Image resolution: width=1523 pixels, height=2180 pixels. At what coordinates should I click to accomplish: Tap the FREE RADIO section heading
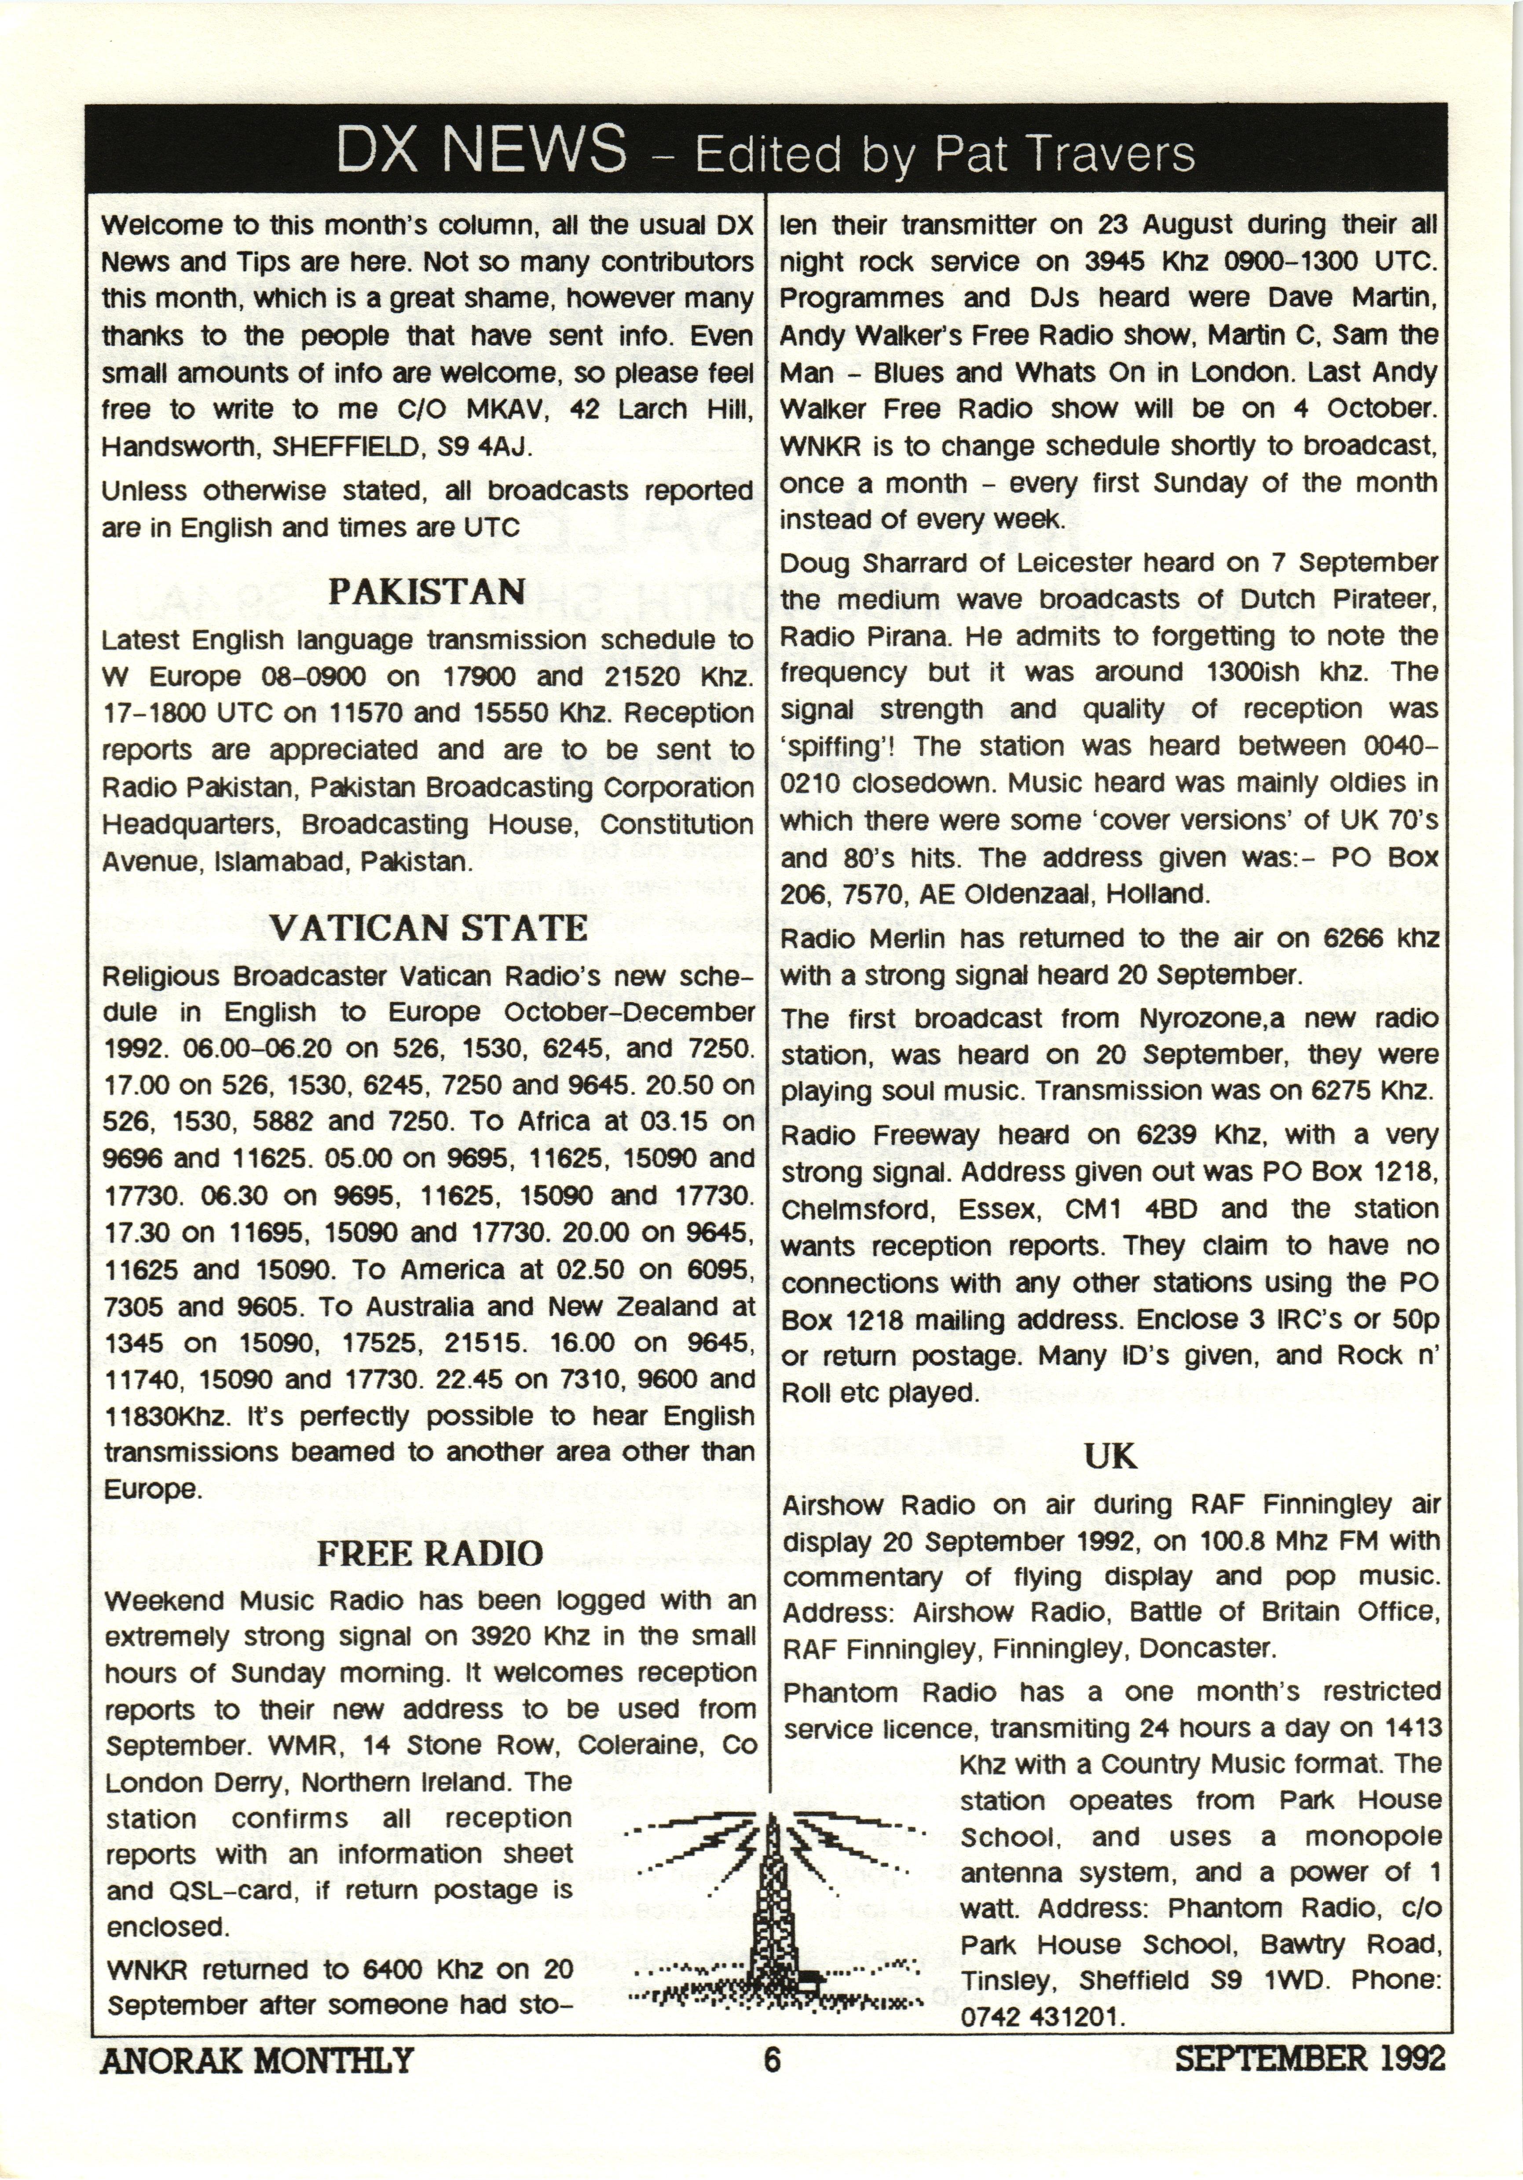429,1553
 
